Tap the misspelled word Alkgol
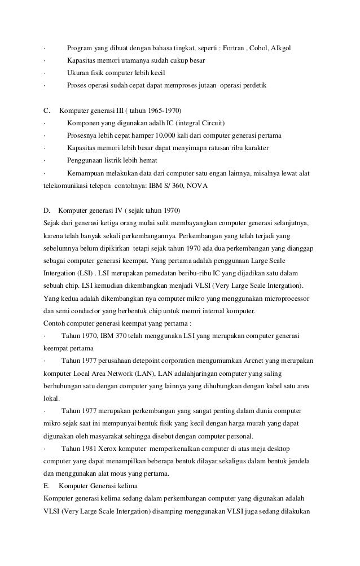click(x=290, y=47)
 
